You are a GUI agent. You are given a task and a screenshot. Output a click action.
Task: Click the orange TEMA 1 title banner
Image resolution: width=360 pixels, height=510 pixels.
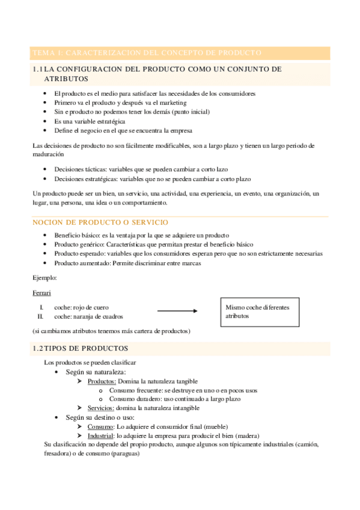pyautogui.click(x=180, y=53)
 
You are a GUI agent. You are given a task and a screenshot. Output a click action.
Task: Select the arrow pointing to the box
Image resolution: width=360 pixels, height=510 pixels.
pyautogui.click(x=177, y=311)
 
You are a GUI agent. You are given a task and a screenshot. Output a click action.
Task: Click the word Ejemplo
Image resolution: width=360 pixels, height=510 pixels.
pyautogui.click(x=45, y=278)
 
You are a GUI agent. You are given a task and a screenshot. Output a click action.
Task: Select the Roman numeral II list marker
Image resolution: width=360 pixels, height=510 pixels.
pyautogui.click(x=40, y=316)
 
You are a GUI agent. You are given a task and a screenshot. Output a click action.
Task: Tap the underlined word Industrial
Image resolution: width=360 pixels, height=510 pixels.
pyautogui.click(x=100, y=435)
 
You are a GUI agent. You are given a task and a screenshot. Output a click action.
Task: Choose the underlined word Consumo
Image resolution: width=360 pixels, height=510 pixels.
pyautogui.click(x=100, y=426)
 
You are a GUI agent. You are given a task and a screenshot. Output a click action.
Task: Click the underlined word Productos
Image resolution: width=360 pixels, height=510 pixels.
pyautogui.click(x=102, y=381)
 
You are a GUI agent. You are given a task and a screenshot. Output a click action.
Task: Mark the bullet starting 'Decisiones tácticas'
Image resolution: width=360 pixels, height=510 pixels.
pyautogui.click(x=140, y=169)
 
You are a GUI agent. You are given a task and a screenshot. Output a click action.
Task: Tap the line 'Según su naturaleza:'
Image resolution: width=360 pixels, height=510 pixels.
pyautogui.click(x=96, y=372)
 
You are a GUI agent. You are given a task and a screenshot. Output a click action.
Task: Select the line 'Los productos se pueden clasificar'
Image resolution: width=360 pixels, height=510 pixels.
pyautogui.click(x=90, y=363)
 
